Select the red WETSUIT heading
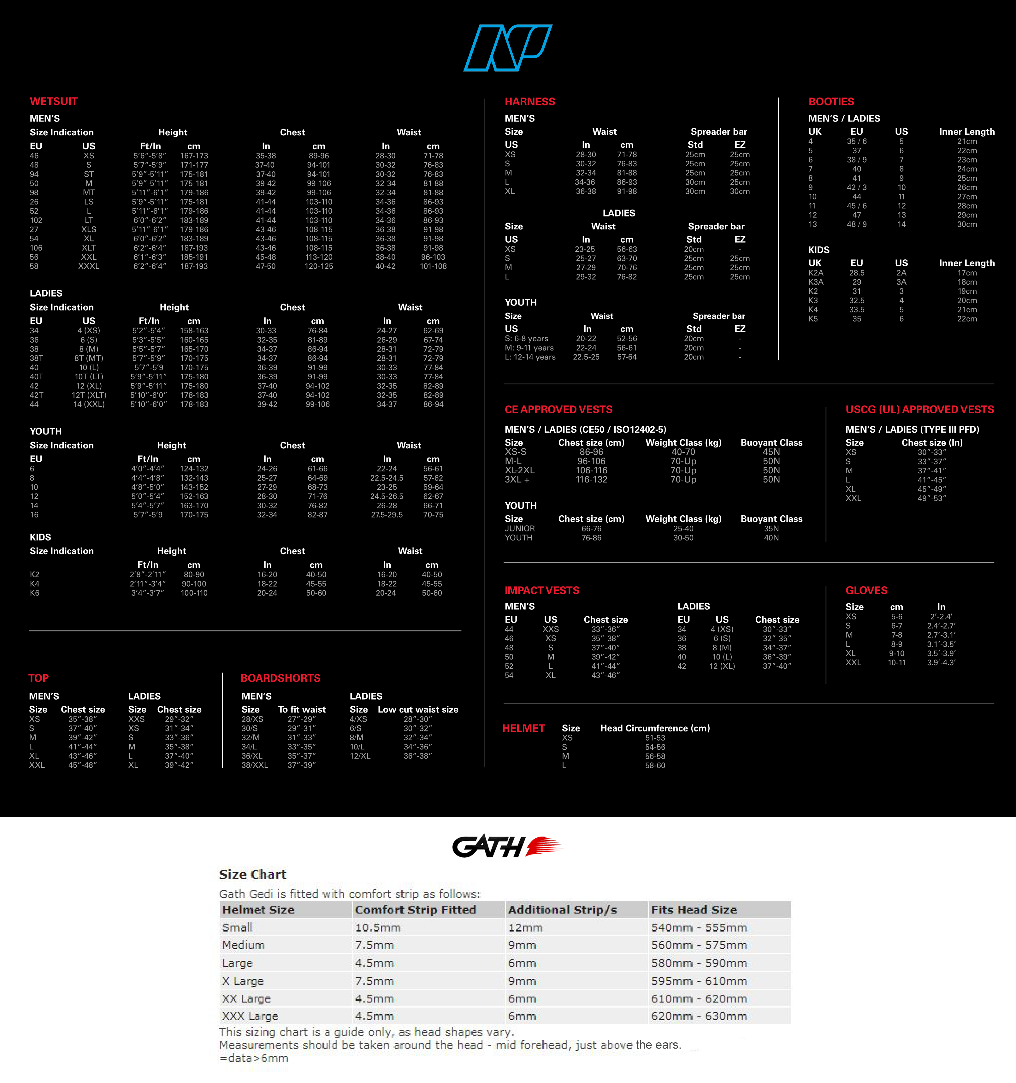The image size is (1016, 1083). coord(53,101)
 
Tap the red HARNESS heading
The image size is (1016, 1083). coord(529,101)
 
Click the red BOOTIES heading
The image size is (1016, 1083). coord(831,101)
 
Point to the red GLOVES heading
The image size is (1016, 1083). coord(866,590)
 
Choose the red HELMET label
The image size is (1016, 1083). coord(523,728)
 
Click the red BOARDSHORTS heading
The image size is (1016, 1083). coord(281,678)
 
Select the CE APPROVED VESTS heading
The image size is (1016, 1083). coord(558,409)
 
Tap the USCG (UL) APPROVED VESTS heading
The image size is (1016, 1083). coord(919,409)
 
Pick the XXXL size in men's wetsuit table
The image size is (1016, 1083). coord(89,266)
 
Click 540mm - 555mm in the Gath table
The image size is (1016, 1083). coord(698,927)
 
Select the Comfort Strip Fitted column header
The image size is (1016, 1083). coord(416,909)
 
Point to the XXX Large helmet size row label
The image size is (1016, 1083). coord(250,1016)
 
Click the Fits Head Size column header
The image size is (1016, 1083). coord(694,909)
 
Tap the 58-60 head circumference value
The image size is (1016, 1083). coord(655,766)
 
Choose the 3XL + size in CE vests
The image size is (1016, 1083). coord(517,479)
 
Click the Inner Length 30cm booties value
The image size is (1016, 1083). coord(967,224)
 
